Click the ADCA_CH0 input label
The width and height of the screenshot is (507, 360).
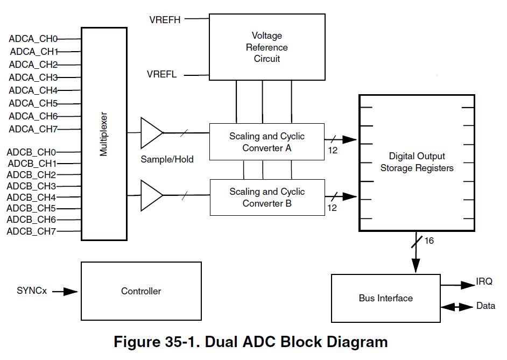point(33,39)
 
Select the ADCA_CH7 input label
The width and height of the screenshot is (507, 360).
point(33,129)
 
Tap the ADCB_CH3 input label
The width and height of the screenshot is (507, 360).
point(31,186)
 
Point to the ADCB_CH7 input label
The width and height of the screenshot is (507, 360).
point(31,231)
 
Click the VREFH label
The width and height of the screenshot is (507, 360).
point(165,20)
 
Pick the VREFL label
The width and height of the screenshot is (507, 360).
point(161,74)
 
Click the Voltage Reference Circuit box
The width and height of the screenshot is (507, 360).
point(267,47)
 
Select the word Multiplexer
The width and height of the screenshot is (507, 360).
point(104,134)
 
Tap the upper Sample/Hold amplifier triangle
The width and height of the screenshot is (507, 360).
point(151,132)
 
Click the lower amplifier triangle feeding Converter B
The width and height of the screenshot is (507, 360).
point(151,195)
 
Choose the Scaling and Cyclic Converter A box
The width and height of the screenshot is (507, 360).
point(267,142)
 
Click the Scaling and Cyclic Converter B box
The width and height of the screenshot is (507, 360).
point(267,197)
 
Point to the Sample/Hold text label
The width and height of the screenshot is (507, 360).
point(167,159)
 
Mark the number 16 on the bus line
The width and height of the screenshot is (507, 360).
point(429,241)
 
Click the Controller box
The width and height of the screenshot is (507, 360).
point(141,291)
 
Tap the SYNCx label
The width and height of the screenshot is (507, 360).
point(32,291)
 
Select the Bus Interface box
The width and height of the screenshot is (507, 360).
point(385,298)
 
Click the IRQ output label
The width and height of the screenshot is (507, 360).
point(483,281)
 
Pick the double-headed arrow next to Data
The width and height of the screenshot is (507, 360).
point(455,307)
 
